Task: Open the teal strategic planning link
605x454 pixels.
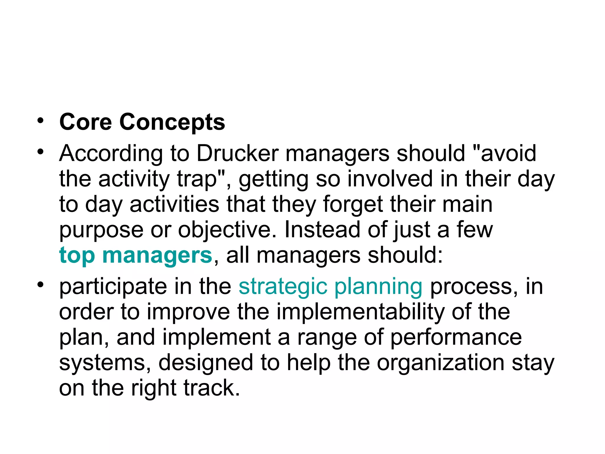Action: [x=331, y=287]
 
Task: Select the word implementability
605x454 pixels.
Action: [x=360, y=312]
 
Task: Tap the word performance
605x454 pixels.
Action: [x=456, y=338]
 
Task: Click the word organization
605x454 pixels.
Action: [x=440, y=363]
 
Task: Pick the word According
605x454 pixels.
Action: [x=111, y=154]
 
